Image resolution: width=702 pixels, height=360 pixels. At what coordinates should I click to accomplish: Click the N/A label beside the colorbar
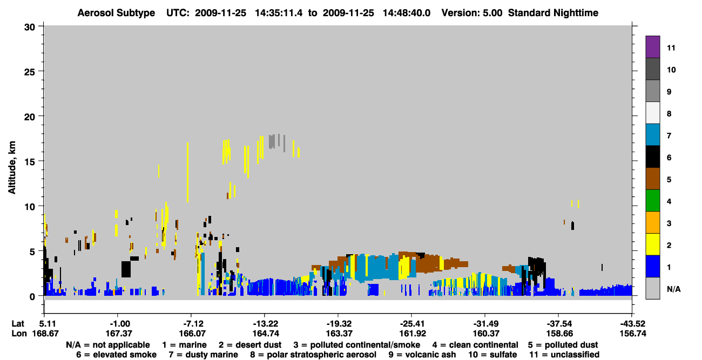[x=673, y=289]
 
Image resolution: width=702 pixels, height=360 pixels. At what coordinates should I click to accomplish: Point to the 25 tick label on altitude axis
[x=30, y=72]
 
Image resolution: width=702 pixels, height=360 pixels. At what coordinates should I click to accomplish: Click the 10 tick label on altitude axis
[x=30, y=207]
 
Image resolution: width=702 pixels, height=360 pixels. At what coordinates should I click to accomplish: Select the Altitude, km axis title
[x=12, y=168]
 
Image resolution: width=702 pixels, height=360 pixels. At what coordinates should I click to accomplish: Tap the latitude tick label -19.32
[x=339, y=324]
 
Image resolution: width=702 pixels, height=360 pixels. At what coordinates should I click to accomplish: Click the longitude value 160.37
[x=486, y=334]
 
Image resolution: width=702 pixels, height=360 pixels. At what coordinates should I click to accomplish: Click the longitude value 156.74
[x=633, y=334]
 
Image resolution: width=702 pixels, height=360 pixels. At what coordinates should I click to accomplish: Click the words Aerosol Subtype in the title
[x=116, y=13]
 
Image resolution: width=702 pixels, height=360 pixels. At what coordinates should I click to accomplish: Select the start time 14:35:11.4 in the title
[x=279, y=13]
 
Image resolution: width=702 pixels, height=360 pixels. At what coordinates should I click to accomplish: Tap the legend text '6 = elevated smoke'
[x=116, y=355]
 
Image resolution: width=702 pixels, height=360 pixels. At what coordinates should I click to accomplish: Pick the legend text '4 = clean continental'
[x=475, y=345]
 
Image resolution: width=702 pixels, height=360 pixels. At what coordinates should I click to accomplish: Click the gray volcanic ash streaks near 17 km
[x=277, y=142]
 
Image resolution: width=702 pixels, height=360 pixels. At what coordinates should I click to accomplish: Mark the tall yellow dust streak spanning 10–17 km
[x=187, y=172]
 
